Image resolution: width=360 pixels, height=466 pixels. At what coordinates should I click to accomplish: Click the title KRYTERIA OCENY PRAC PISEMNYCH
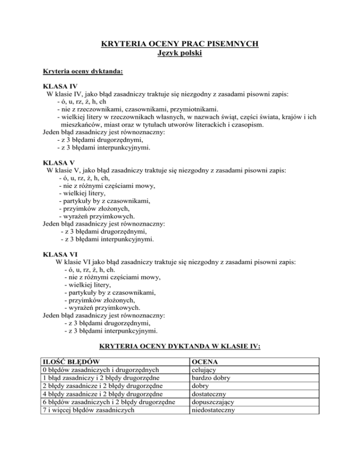coord(180,45)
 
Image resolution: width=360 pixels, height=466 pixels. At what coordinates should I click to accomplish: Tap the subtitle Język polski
coord(180,54)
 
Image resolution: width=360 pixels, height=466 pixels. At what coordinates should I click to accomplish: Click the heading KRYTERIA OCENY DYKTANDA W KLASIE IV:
coord(180,347)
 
